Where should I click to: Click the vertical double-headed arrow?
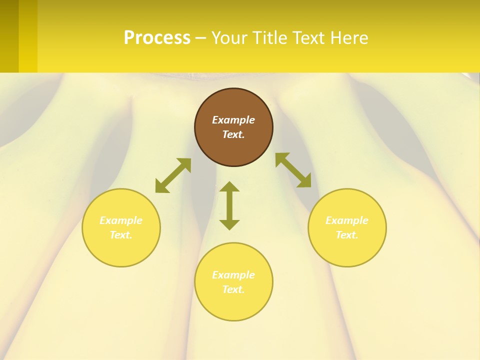[x=229, y=206]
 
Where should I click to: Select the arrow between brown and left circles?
[x=173, y=175]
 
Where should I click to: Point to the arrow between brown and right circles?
[x=293, y=170]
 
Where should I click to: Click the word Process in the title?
[x=157, y=38]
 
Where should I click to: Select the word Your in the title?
[x=229, y=38]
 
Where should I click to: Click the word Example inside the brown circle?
[x=233, y=120]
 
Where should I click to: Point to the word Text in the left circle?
[x=121, y=235]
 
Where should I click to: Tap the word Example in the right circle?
[x=347, y=220]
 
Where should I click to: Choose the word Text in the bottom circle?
[x=233, y=289]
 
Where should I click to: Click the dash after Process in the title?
[x=200, y=38]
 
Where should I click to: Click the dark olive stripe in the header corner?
[x=9, y=36]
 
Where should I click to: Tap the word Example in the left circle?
[x=121, y=220]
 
